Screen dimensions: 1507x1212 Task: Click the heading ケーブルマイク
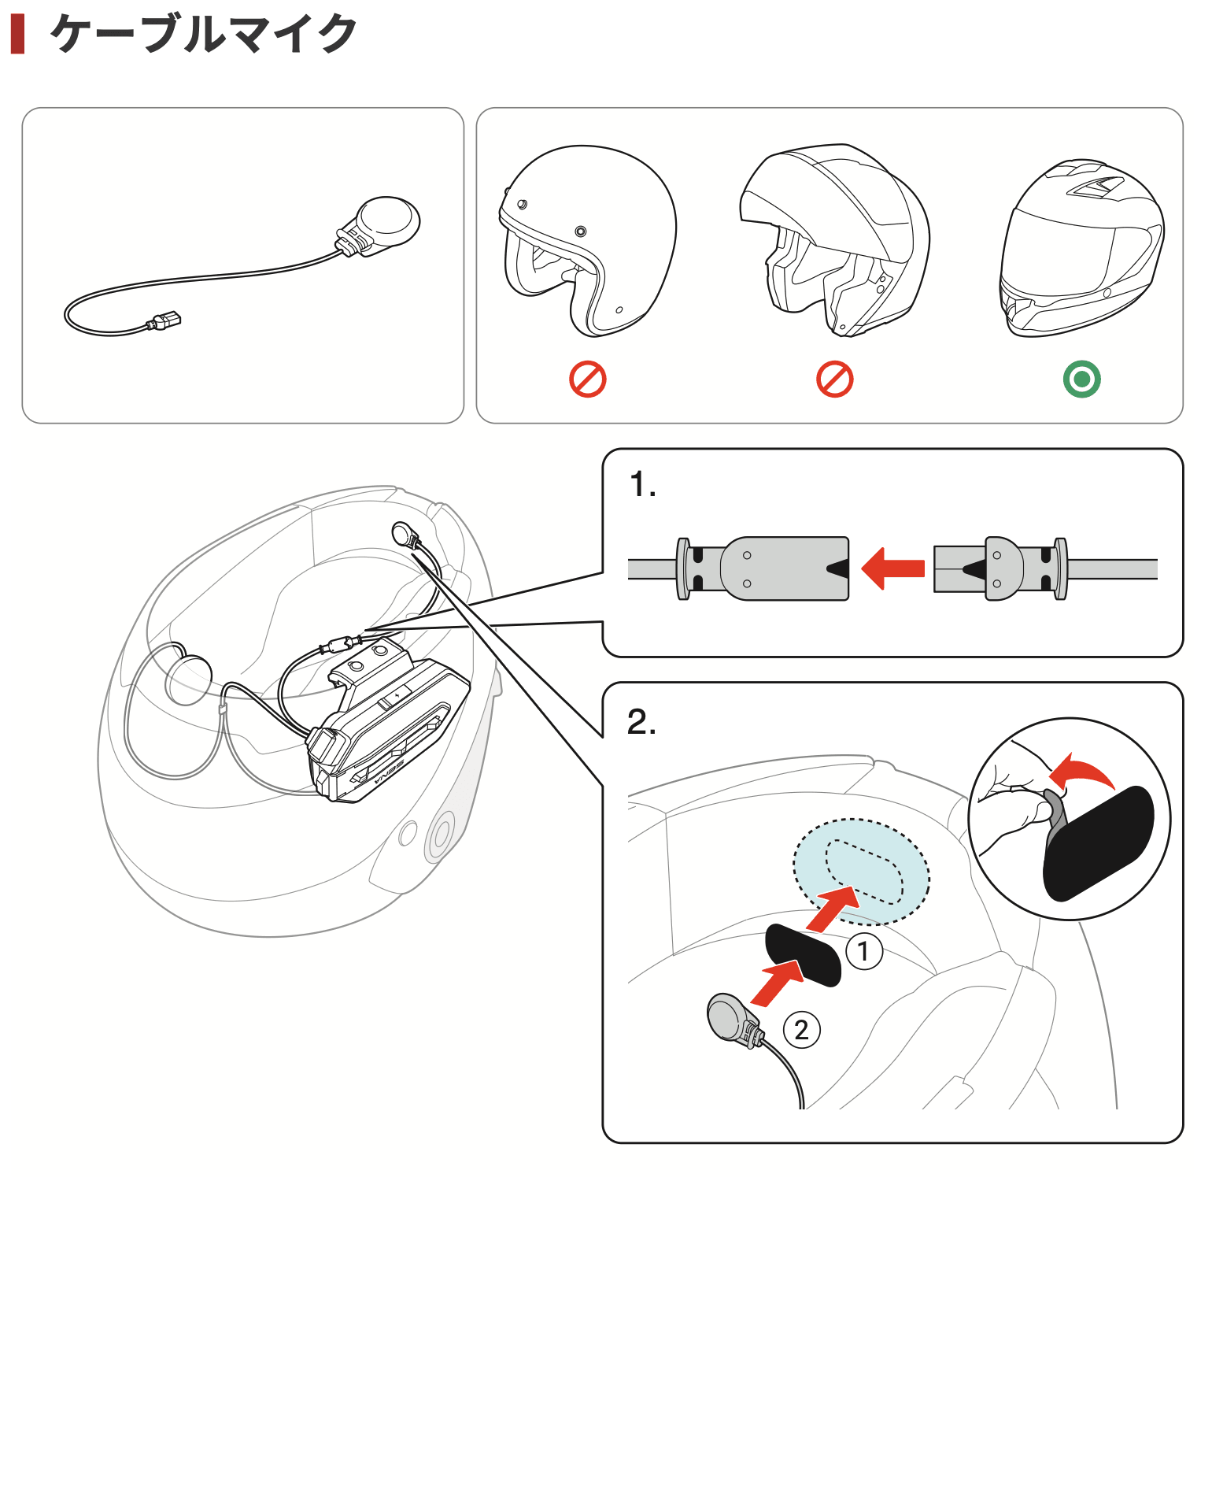[203, 34]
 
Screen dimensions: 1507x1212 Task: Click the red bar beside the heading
[17, 34]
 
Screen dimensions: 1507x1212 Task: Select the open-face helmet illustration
[586, 240]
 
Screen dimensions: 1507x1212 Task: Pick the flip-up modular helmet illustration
[834, 240]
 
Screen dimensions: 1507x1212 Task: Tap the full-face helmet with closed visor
[1081, 248]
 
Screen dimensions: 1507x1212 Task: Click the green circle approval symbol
[1081, 380]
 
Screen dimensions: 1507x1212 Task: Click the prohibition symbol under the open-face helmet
[587, 380]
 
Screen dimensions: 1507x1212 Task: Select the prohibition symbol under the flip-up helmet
[834, 380]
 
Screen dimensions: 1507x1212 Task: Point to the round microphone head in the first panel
[387, 220]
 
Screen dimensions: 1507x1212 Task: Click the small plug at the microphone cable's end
[166, 320]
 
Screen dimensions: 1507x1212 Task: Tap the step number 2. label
[641, 721]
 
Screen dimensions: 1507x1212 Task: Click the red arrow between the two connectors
[893, 568]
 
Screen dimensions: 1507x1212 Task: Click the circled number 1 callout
[863, 951]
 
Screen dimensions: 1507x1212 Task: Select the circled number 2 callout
[801, 1030]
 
